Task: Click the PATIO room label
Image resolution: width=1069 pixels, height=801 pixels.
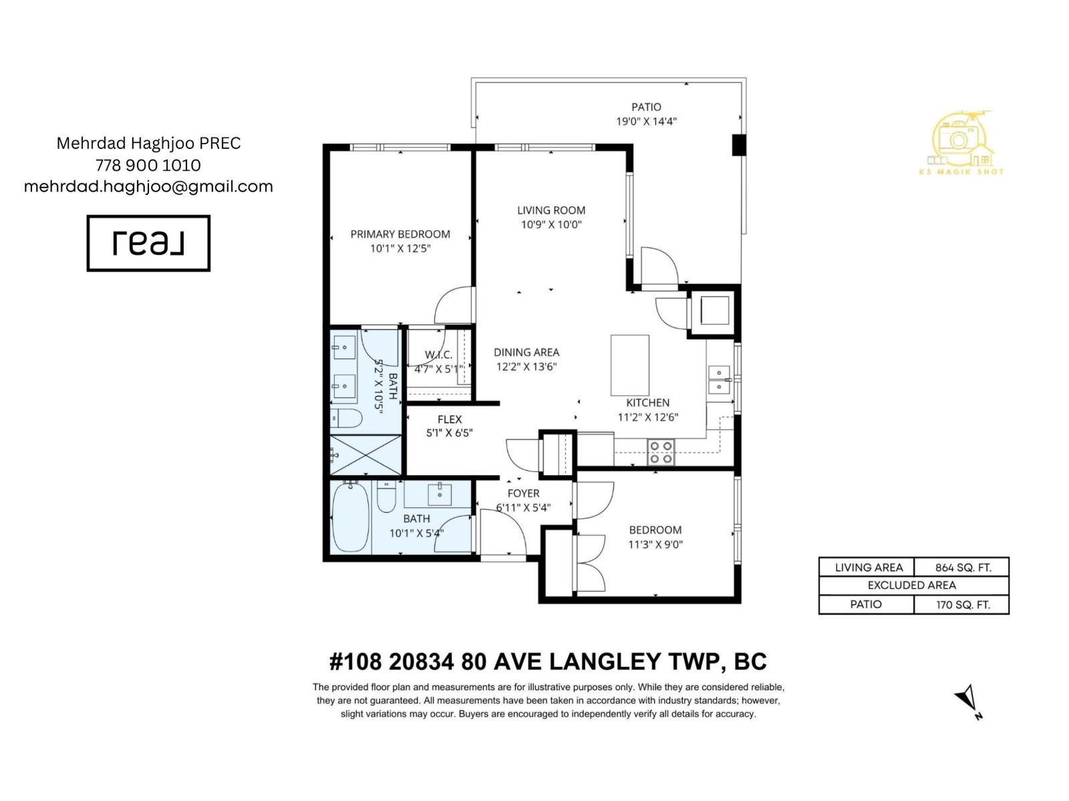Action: (x=646, y=107)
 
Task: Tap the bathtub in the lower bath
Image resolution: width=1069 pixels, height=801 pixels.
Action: (x=350, y=517)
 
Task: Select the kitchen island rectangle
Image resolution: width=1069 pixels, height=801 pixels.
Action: (x=629, y=365)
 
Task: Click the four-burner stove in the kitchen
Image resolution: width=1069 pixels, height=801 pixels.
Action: (x=661, y=452)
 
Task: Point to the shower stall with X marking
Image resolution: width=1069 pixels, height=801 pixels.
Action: (x=366, y=455)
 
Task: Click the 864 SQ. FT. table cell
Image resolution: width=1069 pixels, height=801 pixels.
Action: (x=962, y=567)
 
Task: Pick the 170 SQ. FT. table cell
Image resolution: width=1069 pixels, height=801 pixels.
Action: (x=962, y=605)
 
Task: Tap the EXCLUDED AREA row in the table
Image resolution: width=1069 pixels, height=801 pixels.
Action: (x=913, y=585)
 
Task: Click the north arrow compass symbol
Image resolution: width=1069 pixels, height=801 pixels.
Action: (x=967, y=701)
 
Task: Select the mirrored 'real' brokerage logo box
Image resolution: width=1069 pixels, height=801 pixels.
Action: (x=148, y=243)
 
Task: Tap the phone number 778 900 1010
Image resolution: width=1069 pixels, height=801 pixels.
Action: (x=148, y=165)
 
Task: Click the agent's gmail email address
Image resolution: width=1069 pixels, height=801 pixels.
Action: (x=148, y=186)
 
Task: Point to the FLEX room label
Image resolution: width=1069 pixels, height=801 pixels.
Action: (x=450, y=419)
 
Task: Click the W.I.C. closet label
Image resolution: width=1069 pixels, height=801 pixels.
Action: (x=438, y=354)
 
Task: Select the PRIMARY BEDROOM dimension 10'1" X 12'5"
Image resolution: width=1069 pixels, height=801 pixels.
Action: (x=400, y=248)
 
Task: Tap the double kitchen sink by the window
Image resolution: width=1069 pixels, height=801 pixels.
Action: (x=720, y=380)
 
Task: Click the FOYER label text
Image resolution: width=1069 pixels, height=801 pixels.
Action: (x=523, y=493)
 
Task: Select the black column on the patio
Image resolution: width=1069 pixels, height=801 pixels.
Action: (x=738, y=145)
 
